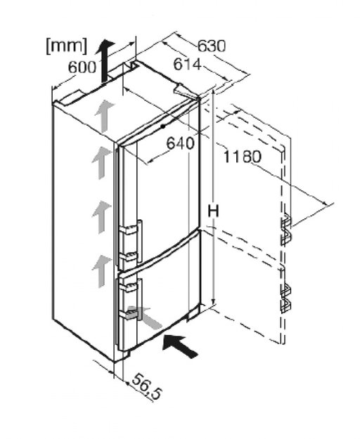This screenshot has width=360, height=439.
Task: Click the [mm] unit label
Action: coord(67,46)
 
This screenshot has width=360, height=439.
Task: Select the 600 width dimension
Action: coord(82,67)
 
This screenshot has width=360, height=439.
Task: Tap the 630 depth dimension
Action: coord(212,46)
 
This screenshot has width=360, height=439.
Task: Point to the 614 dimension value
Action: coord(188,64)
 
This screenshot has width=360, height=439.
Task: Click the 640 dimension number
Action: coord(181,143)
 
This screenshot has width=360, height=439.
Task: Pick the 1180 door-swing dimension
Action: coord(243,157)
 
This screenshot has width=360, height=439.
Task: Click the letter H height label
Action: coord(213,211)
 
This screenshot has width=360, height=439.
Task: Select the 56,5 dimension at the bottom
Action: coord(146,386)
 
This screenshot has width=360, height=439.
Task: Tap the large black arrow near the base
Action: coord(181,346)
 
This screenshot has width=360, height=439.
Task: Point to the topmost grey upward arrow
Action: coord(104,116)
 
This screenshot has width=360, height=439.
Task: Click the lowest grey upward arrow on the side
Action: coord(101,271)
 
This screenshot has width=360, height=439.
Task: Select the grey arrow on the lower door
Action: coord(145,317)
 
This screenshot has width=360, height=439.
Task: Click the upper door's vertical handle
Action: coord(139,242)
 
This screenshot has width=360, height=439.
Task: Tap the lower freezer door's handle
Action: coord(140,299)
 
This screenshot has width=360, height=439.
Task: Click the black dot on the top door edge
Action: coord(162,126)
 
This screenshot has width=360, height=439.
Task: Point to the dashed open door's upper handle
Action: coord(286,228)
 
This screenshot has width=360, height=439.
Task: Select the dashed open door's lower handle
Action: coord(285,299)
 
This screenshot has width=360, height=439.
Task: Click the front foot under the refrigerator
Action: coord(125,355)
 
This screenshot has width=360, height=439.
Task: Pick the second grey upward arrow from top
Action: coord(101,163)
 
